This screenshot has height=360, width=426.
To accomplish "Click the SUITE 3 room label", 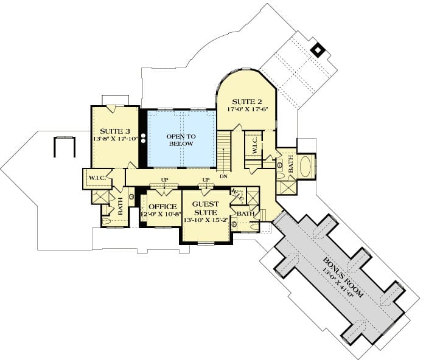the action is pyautogui.click(x=115, y=131).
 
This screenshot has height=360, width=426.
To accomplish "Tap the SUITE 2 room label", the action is pyautogui.click(x=247, y=102).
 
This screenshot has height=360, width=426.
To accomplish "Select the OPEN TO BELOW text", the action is pyautogui.click(x=181, y=140).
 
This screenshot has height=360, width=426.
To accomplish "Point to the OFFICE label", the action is pyautogui.click(x=162, y=207).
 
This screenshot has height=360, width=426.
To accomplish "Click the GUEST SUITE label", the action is pyautogui.click(x=206, y=208).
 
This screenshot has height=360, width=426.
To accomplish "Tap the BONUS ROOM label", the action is pyautogui.click(x=343, y=277).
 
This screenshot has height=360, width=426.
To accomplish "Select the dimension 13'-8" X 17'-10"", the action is pyautogui.click(x=116, y=139).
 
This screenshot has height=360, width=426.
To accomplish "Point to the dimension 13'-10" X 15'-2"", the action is pyautogui.click(x=206, y=220).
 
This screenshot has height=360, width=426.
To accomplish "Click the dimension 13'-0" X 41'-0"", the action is pyautogui.click(x=338, y=282).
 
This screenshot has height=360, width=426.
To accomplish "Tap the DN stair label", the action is pyautogui.click(x=223, y=176).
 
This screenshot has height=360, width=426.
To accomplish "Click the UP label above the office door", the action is pyautogui.click(x=165, y=180).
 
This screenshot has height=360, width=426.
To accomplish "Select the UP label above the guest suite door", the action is pyautogui.click(x=206, y=180).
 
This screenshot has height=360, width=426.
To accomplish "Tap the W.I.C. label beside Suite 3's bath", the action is pyautogui.click(x=97, y=178).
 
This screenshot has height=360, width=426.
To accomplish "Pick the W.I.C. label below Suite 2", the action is pyautogui.click(x=255, y=147).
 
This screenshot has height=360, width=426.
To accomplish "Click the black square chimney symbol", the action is pyautogui.click(x=317, y=50).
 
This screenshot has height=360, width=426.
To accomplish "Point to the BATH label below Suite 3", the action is pyautogui.click(x=120, y=206).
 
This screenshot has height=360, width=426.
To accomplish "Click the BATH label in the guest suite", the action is pyautogui.click(x=245, y=214).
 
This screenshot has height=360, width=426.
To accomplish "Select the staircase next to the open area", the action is pyautogui.click(x=224, y=151).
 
